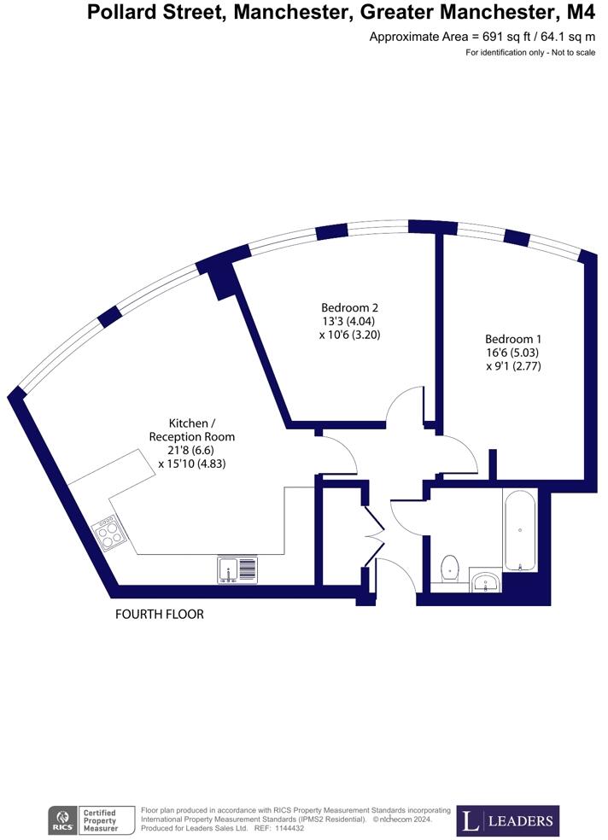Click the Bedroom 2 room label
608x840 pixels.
point(349,307)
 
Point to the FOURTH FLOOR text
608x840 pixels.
point(160,614)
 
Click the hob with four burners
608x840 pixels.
point(108,534)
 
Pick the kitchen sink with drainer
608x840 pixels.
point(237,569)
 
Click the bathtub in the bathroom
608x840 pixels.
point(519,530)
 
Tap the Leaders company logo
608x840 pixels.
point(508,820)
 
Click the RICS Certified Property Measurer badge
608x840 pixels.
point(93,821)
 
